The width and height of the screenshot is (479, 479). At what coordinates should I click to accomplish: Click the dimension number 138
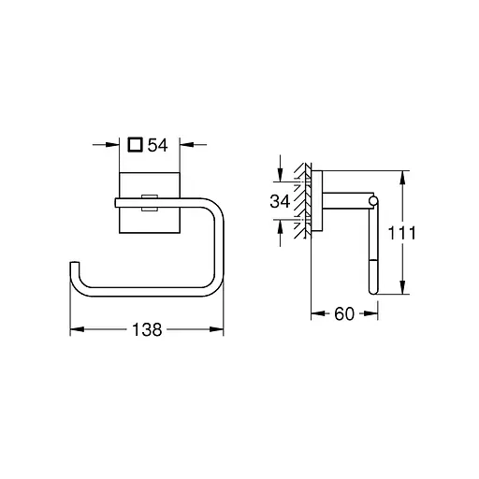(x=148, y=329)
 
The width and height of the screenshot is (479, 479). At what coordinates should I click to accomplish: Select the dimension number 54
(x=158, y=146)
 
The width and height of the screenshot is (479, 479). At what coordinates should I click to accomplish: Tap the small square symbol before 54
(x=137, y=146)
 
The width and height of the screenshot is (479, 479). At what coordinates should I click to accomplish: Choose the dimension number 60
(x=343, y=314)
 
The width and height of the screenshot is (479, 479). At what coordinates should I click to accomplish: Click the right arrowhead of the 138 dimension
(x=221, y=329)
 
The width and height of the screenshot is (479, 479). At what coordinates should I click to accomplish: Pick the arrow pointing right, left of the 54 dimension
(x=120, y=146)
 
